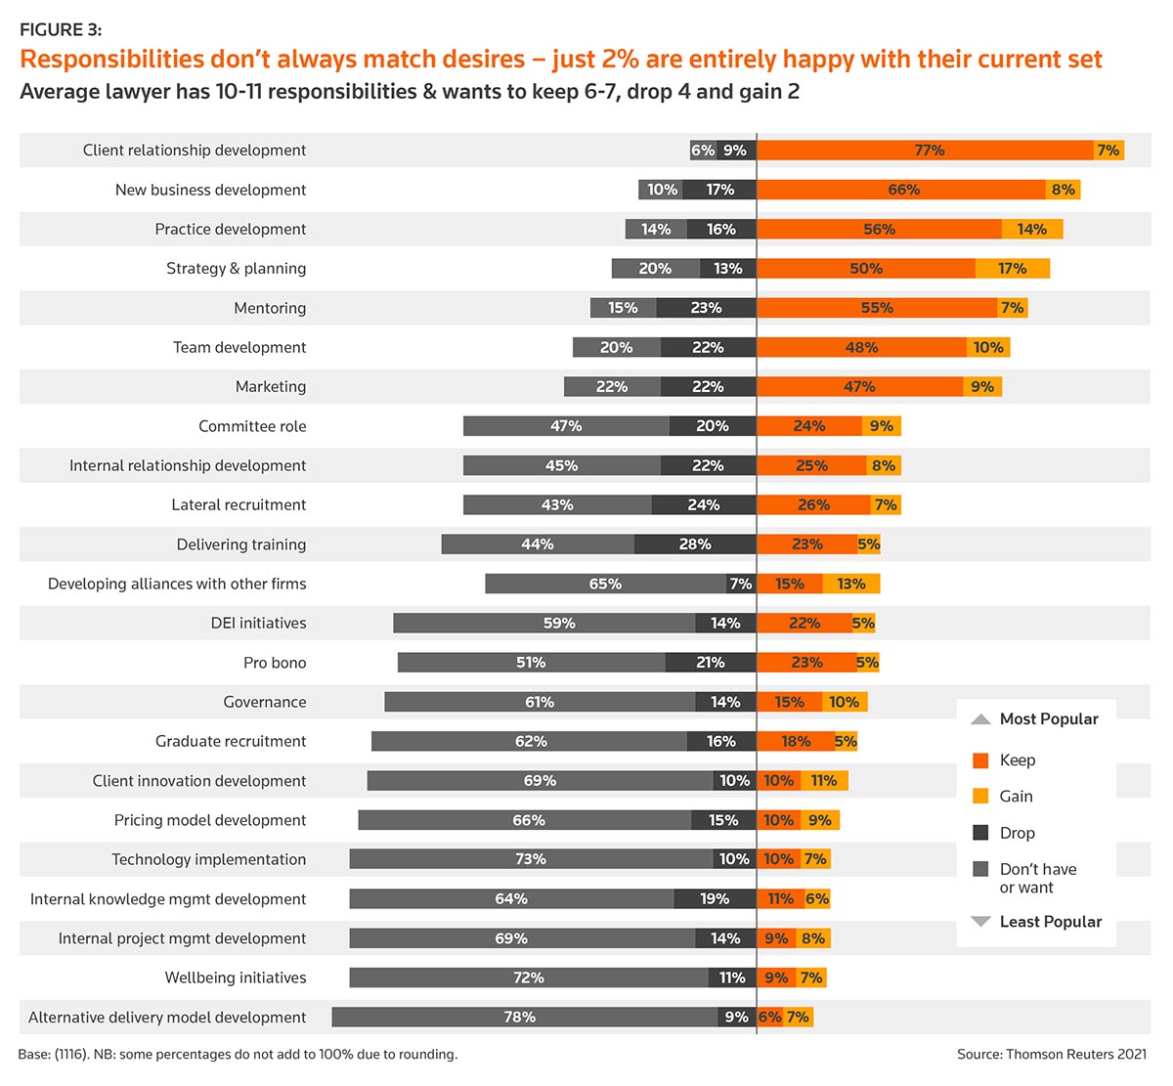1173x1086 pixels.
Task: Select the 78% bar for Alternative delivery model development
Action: click(524, 1018)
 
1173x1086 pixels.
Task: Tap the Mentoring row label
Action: click(270, 308)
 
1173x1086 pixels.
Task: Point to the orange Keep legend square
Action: click(981, 760)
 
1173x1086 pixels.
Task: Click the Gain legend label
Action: click(1016, 797)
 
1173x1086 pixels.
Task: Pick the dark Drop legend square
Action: click(981, 833)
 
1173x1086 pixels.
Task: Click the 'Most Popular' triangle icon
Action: click(980, 719)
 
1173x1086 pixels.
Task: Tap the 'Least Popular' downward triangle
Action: click(980, 922)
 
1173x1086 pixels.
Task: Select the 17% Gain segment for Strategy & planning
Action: click(1013, 269)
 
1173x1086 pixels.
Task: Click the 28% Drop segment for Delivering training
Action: click(695, 544)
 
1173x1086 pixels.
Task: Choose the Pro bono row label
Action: click(275, 663)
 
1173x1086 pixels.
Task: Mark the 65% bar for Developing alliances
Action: click(605, 584)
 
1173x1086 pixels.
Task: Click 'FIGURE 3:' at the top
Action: click(61, 30)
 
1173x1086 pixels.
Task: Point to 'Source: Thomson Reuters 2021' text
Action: click(1052, 1055)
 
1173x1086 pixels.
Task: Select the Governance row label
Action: click(264, 702)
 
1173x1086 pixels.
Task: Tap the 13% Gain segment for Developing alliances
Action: click(851, 584)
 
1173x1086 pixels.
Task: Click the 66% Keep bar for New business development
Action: click(902, 190)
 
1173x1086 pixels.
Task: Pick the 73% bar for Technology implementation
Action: click(531, 859)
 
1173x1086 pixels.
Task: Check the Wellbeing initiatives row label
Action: click(235, 977)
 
